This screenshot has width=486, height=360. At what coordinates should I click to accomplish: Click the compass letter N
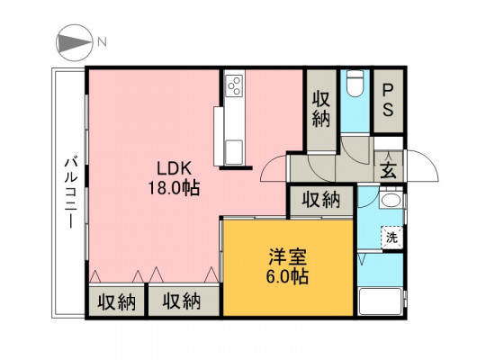[x=103, y=41]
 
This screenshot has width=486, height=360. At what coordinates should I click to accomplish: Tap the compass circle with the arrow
[x=75, y=42]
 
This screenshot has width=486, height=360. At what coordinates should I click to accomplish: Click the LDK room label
[x=174, y=169]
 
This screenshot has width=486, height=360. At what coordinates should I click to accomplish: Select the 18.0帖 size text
[x=174, y=188]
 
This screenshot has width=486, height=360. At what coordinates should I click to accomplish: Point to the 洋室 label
[x=287, y=256]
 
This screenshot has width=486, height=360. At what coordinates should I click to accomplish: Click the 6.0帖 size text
[x=287, y=276]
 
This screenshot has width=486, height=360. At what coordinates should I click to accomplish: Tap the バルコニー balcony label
[x=71, y=193]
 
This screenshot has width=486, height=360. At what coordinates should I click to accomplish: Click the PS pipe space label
[x=388, y=100]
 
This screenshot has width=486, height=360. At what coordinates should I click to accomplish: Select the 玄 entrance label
[x=389, y=170]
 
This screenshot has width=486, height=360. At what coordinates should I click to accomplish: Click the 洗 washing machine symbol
[x=391, y=238]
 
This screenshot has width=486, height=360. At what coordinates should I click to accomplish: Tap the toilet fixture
[x=355, y=84]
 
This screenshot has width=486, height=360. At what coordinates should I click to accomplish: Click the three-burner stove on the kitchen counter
[x=234, y=85]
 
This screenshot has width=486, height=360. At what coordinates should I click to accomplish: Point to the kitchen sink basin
[x=234, y=152]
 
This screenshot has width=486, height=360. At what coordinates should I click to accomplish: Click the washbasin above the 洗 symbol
[x=391, y=200]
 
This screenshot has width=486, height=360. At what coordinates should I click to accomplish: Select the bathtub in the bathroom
[x=381, y=301]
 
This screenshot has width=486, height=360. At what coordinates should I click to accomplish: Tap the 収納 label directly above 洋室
[x=321, y=200]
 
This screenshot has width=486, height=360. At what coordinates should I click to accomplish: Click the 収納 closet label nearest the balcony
[x=117, y=302]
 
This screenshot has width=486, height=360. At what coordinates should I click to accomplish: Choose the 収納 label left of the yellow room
[x=182, y=301]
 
